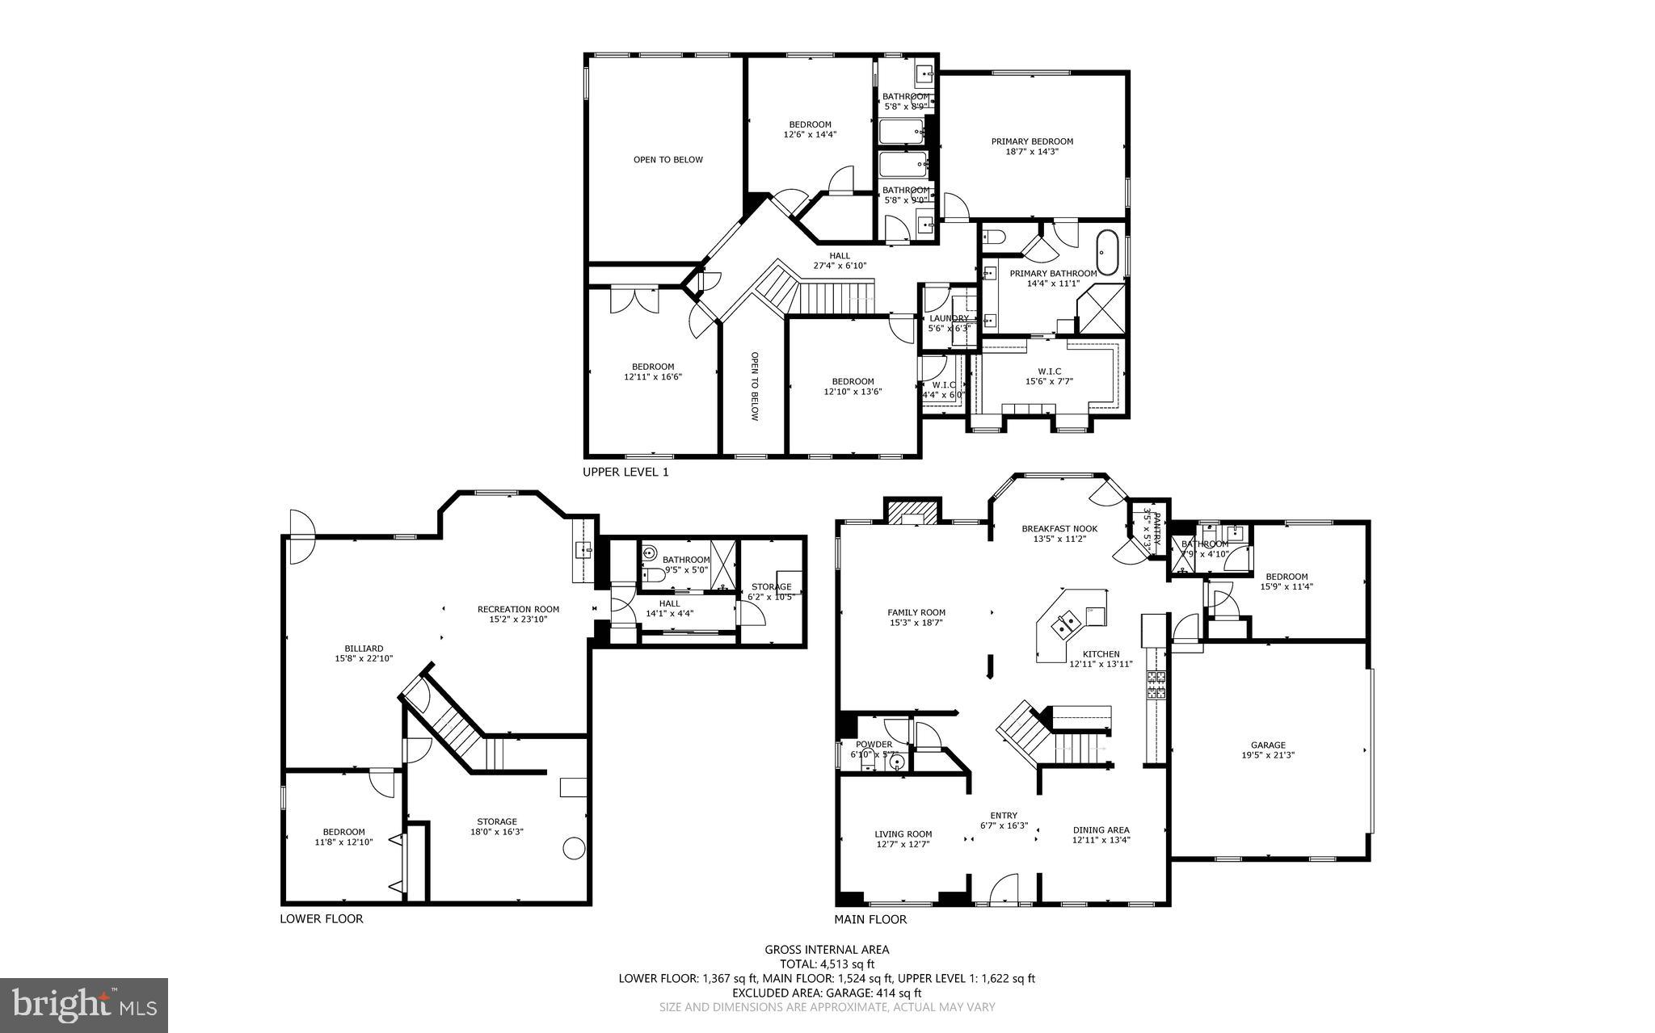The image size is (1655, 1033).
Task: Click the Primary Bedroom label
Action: pos(1032,141)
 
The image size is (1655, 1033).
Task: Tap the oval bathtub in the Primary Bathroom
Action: pos(1106,253)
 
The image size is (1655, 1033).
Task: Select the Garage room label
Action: pos(1268,745)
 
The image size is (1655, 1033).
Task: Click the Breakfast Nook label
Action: pos(1059,528)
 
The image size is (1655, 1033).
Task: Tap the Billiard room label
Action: pos(364,648)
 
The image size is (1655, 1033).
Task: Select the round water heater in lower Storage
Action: pos(574,847)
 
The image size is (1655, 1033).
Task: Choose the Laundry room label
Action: pos(949,318)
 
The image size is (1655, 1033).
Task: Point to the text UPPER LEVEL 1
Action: pos(625,472)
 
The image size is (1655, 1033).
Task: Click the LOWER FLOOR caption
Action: pos(321,918)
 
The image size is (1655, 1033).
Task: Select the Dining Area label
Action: pos(1101,829)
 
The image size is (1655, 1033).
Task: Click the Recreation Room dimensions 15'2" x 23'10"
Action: pos(518,619)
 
